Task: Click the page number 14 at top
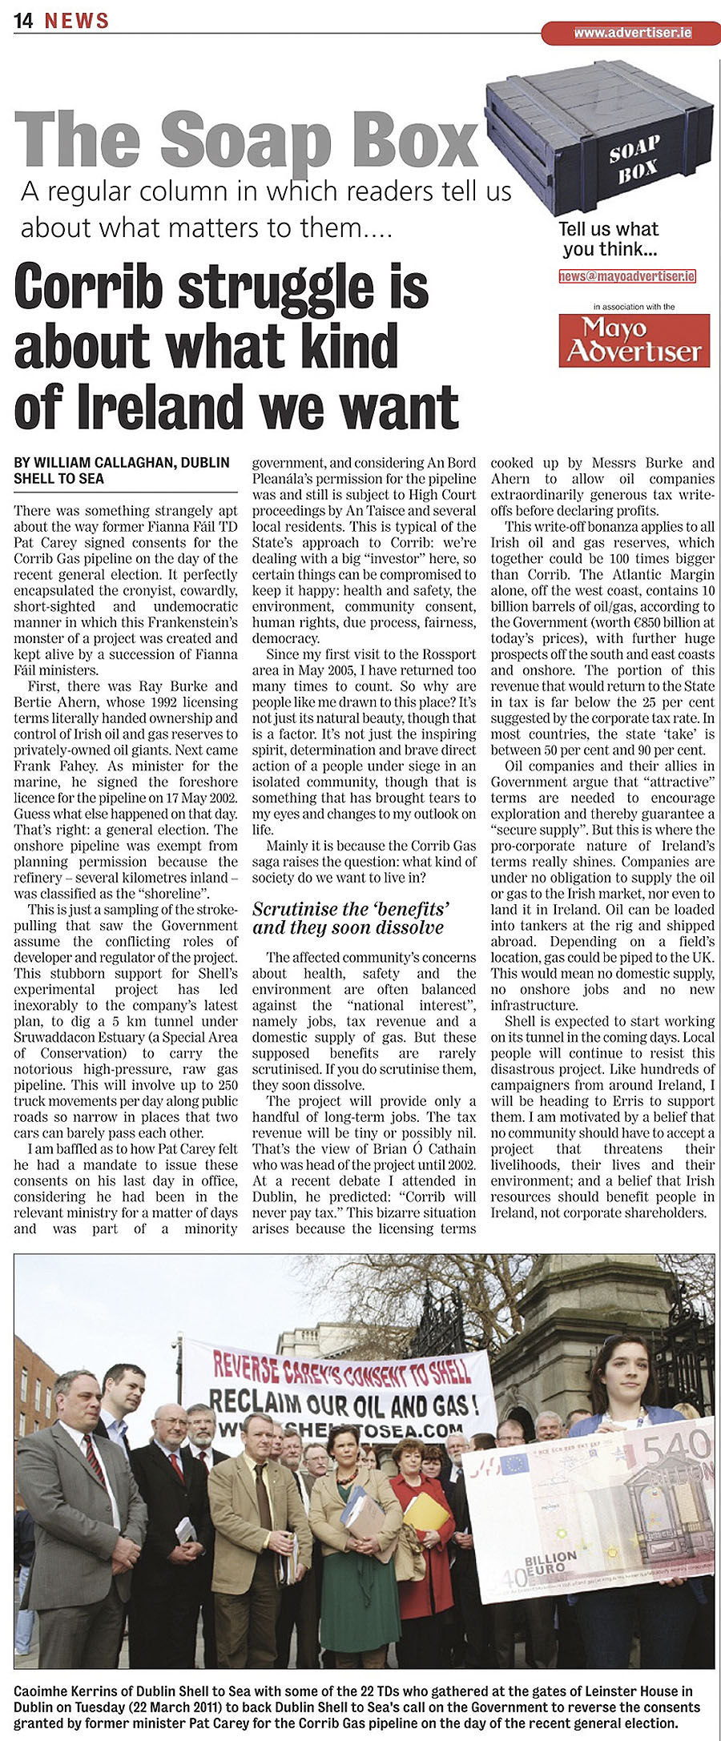[23, 21]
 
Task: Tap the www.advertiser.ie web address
[632, 33]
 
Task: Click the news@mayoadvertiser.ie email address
[627, 276]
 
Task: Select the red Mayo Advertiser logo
[634, 340]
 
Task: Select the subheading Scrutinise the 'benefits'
[351, 910]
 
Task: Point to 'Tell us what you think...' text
[609, 239]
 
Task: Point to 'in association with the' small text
[634, 307]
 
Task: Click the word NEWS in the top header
[77, 21]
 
